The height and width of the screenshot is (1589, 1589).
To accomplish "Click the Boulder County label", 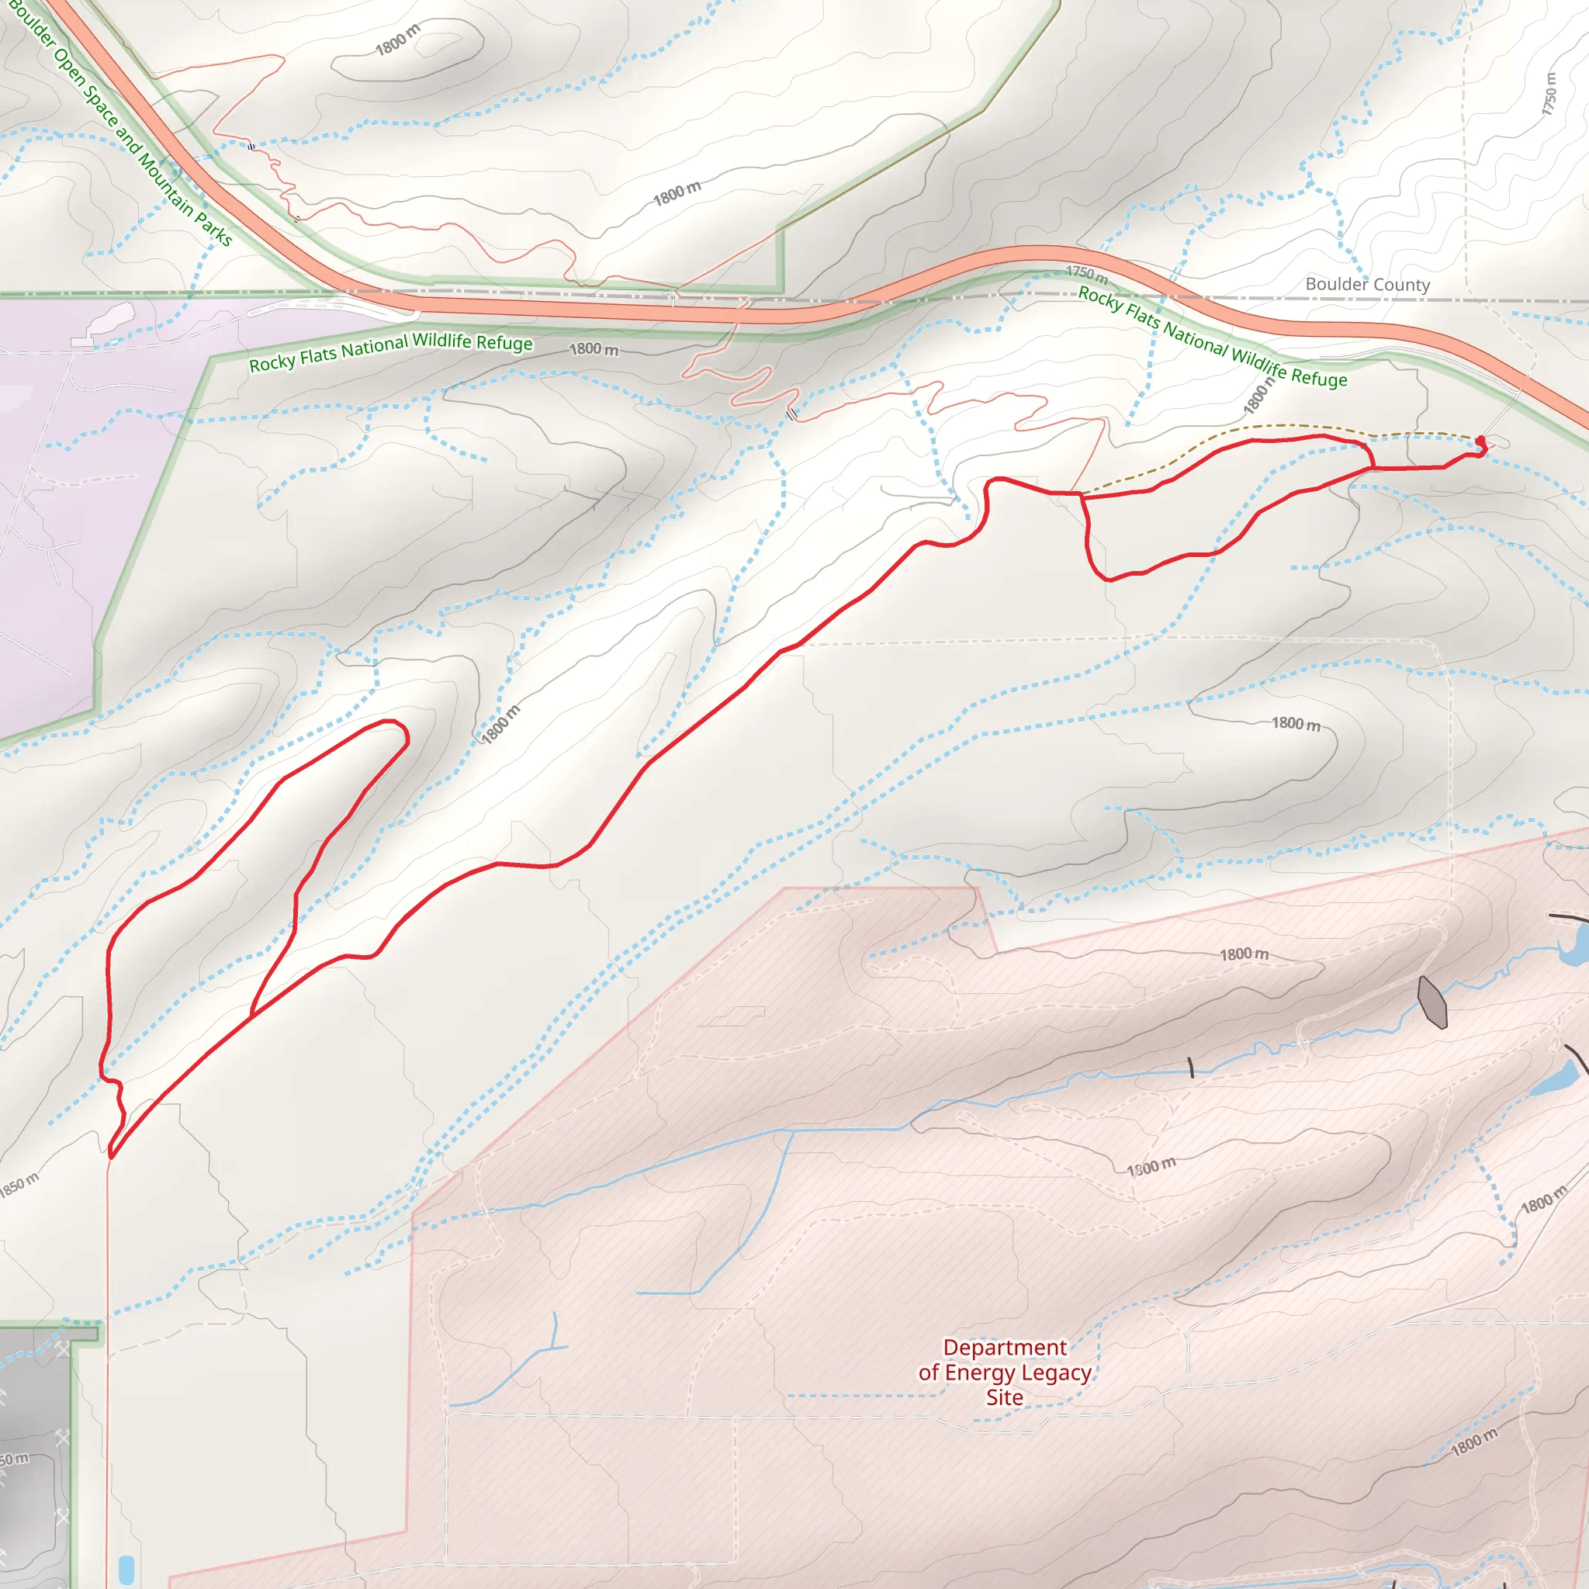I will click(1367, 285).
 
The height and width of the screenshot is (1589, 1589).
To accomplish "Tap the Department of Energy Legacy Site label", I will click(1004, 1372).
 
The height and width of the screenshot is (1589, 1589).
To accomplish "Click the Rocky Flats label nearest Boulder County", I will click(1213, 337).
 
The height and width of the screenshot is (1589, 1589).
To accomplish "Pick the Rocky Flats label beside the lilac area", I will click(391, 352).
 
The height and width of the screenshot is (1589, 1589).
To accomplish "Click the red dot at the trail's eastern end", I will click(1480, 441).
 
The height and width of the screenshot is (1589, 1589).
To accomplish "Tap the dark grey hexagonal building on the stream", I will click(1432, 1002).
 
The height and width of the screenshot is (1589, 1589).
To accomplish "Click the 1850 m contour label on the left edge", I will click(18, 1186).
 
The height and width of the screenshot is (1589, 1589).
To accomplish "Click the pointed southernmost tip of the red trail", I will click(110, 1156).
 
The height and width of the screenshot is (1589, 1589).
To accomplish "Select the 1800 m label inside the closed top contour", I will click(397, 40).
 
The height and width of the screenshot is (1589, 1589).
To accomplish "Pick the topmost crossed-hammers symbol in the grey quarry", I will click(64, 1348).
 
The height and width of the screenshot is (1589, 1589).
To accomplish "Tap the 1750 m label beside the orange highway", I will click(1086, 273).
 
